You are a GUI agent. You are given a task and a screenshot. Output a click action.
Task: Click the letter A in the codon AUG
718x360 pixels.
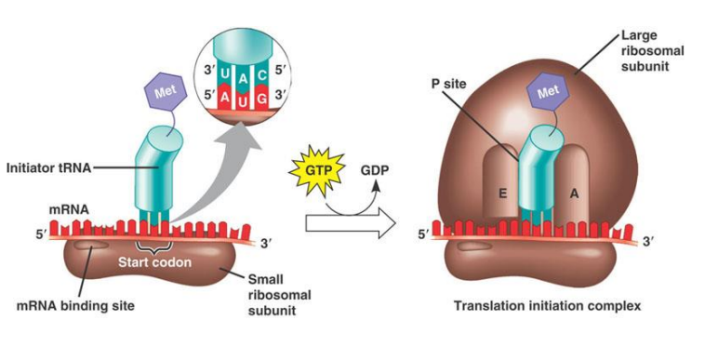point(224,96)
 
